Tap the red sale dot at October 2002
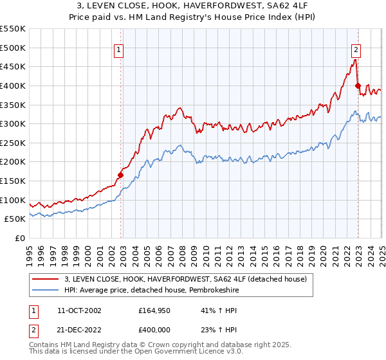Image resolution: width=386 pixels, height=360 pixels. pyautogui.click(x=120, y=175)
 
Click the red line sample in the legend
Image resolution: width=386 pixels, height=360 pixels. pyautogui.click(x=46, y=278)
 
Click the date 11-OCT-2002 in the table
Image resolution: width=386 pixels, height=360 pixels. pyautogui.click(x=79, y=310)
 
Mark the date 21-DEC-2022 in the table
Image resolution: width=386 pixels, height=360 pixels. pyautogui.click(x=79, y=329)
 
